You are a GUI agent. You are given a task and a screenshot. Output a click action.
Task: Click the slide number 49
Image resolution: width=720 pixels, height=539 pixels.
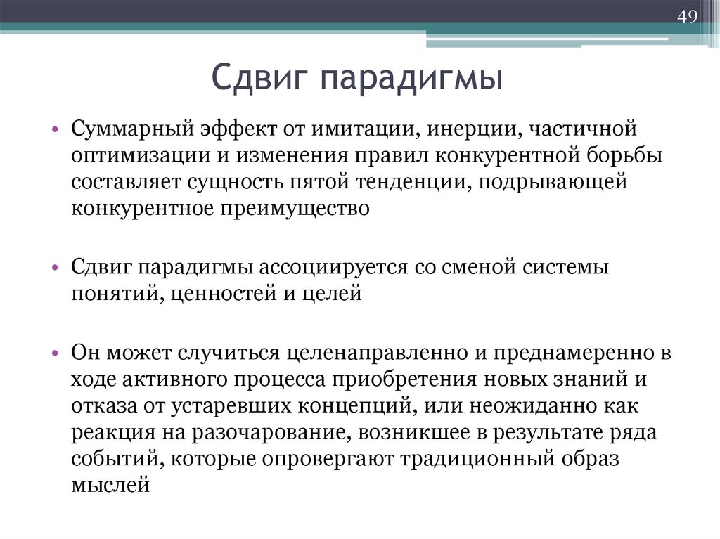point(687,16)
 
